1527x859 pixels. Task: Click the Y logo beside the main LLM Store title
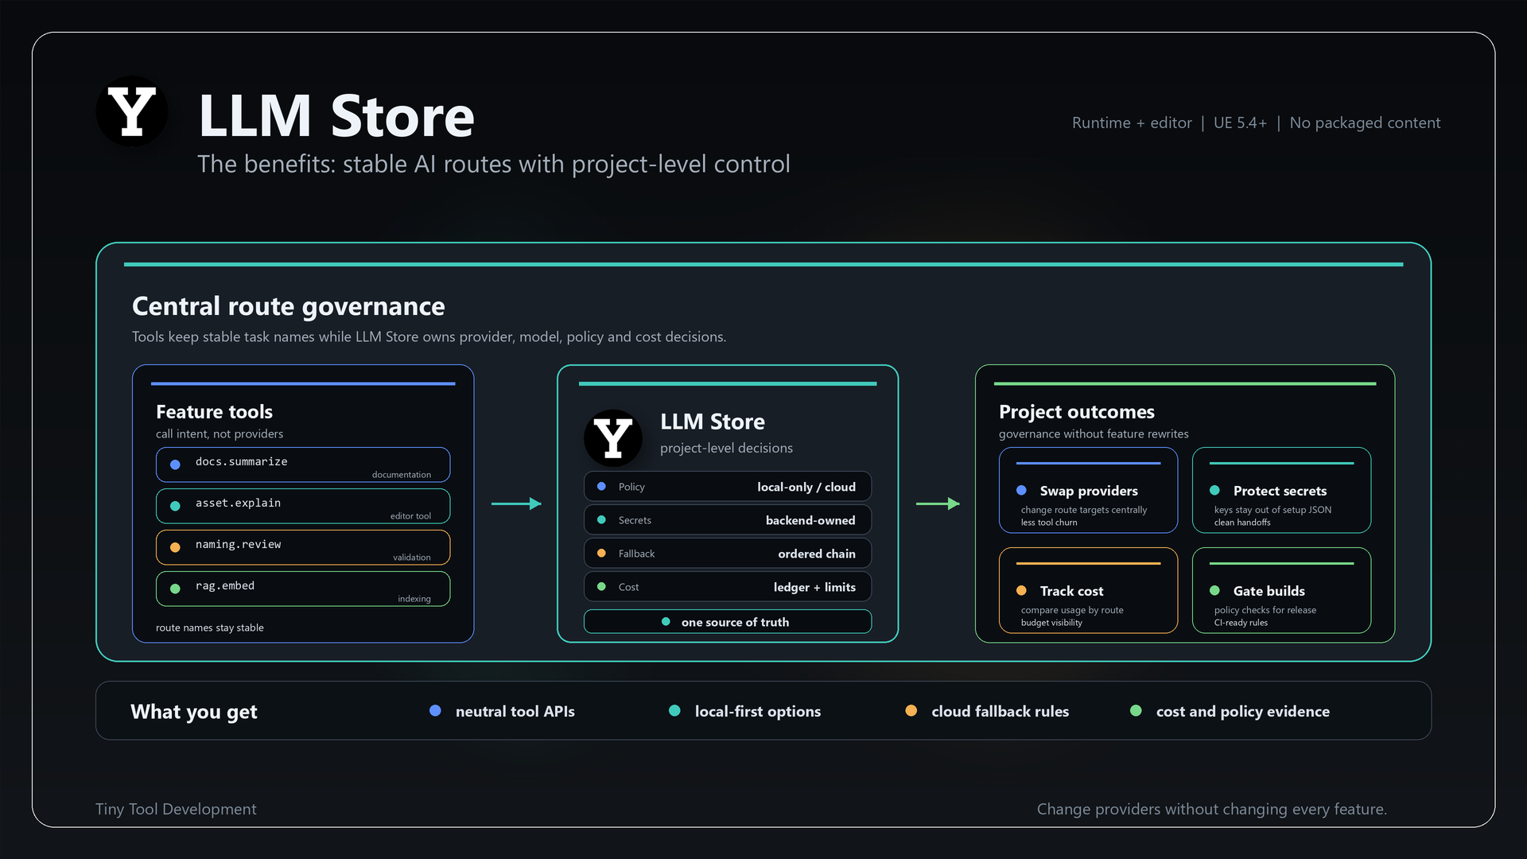(x=132, y=111)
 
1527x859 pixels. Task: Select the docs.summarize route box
(x=303, y=464)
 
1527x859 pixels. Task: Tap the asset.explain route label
(x=238, y=503)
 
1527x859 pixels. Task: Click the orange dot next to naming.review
(x=175, y=547)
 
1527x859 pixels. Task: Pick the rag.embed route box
(x=303, y=589)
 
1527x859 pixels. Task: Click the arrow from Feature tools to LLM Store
(x=516, y=503)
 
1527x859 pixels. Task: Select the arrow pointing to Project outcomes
(x=938, y=503)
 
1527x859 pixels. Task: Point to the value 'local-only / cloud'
(x=806, y=487)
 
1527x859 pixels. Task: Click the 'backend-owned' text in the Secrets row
(x=810, y=520)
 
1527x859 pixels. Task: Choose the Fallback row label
(x=636, y=554)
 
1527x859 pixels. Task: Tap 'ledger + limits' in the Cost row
(x=814, y=587)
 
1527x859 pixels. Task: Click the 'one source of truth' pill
(x=728, y=622)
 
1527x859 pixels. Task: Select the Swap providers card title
(x=1089, y=491)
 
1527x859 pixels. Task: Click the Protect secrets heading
(x=1280, y=491)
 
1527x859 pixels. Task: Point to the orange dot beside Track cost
(x=1021, y=590)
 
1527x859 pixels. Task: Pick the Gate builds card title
(x=1269, y=591)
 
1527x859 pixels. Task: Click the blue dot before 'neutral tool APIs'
(x=435, y=710)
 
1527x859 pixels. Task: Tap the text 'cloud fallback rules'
(x=1000, y=711)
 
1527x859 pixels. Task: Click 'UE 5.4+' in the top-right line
(x=1240, y=122)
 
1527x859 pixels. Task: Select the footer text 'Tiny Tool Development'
(x=176, y=809)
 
